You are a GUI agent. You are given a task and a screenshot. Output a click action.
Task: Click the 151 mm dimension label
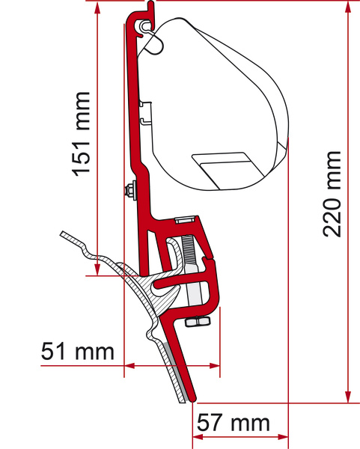(82, 135)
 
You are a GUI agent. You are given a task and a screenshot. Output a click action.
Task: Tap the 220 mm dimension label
(332, 193)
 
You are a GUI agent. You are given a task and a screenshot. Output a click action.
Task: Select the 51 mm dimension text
(78, 351)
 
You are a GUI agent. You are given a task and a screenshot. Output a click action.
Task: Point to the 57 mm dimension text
(232, 423)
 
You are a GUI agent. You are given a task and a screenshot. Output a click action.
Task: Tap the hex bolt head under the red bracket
(195, 322)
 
